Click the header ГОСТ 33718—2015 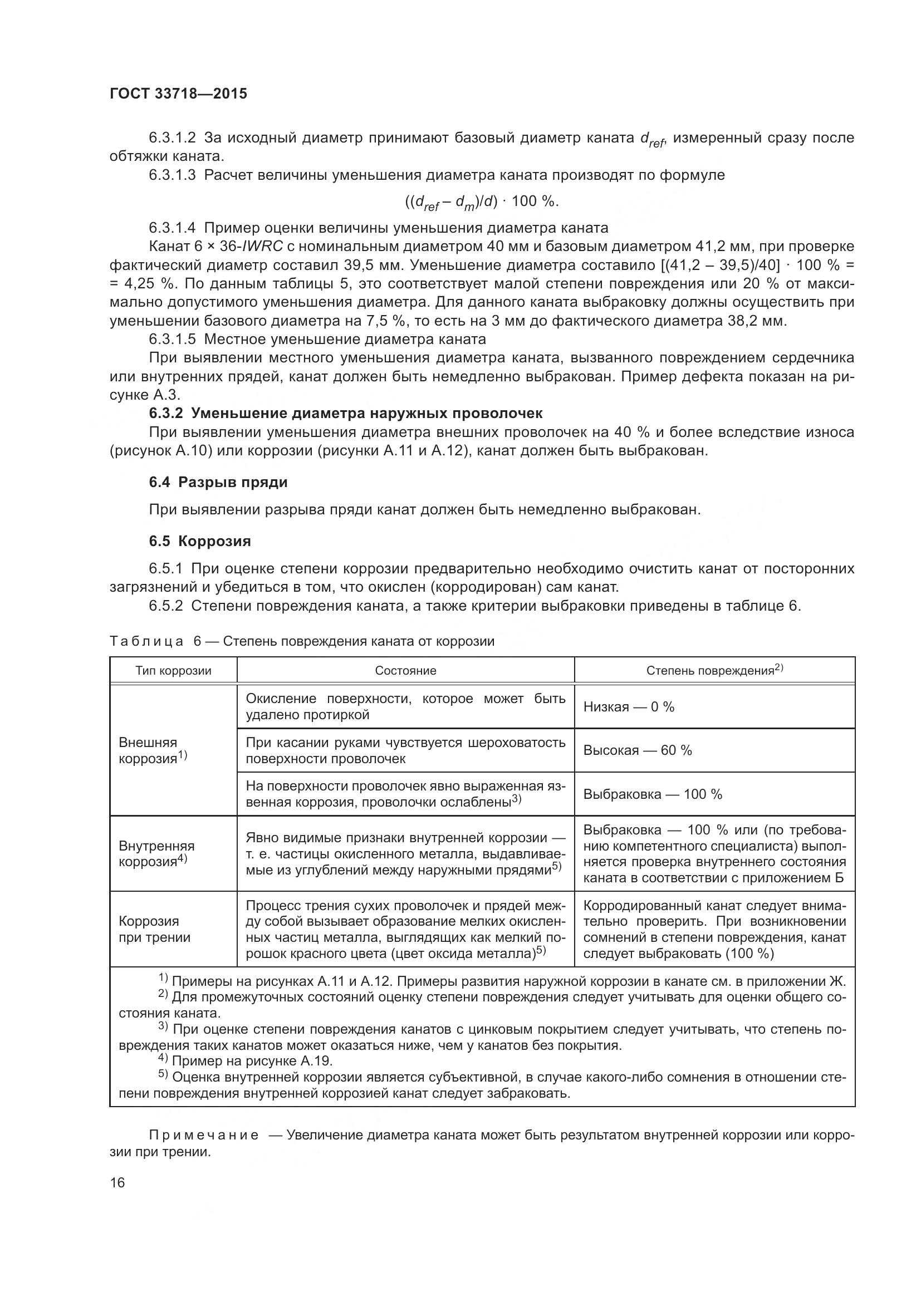coord(178,94)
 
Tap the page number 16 coord(117,1182)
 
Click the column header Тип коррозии coord(173,671)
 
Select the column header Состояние coord(405,671)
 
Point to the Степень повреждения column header coord(714,670)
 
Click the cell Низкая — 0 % coord(628,706)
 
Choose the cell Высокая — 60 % coord(638,750)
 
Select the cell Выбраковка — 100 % coord(652,794)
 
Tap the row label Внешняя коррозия coord(150,750)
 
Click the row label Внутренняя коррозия coord(156,853)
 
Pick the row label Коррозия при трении coord(154,929)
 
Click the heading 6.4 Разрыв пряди coord(218,483)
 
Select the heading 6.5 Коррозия coord(200,541)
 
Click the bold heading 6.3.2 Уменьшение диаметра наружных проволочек coord(346,414)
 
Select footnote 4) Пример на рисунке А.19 coord(246,1060)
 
